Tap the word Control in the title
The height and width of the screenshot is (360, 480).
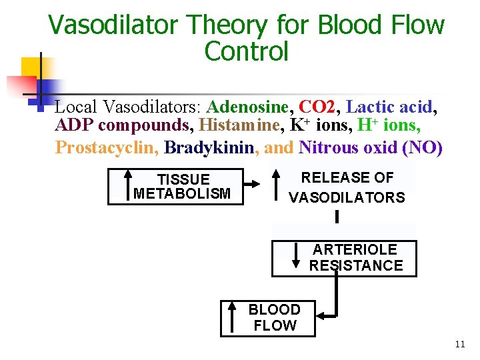[x=246, y=51]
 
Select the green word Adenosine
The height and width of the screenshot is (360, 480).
[x=248, y=107]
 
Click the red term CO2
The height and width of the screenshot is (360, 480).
[x=317, y=107]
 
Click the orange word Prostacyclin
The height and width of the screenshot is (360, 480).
[x=106, y=147]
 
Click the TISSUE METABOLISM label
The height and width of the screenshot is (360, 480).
[x=183, y=187]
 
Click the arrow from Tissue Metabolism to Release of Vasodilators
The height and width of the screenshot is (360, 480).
[x=253, y=186]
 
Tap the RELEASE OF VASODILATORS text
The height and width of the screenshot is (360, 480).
[x=347, y=187]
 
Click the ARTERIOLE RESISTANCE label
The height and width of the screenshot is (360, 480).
[x=355, y=258]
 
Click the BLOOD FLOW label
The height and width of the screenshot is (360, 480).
[x=274, y=318]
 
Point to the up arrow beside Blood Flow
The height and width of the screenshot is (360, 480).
[x=232, y=318]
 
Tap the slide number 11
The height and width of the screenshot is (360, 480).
[x=459, y=345]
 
